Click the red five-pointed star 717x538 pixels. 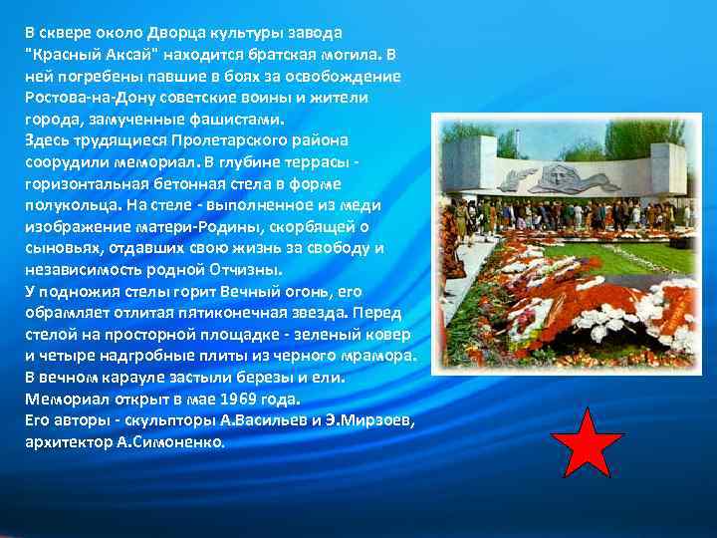[587, 443]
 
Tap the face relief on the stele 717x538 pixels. [550, 178]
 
